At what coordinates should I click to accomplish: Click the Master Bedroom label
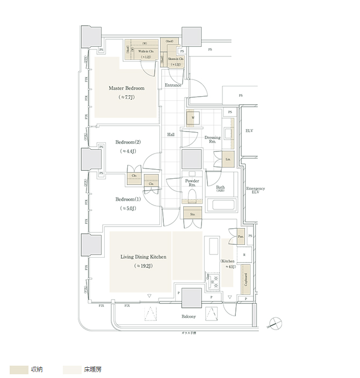click(x=126, y=88)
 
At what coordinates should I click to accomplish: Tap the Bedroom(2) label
click(x=128, y=142)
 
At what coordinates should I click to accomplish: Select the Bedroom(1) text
click(x=128, y=199)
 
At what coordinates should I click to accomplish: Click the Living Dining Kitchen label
click(x=143, y=257)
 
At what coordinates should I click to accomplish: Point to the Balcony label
click(x=188, y=316)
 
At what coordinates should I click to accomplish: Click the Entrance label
click(x=172, y=85)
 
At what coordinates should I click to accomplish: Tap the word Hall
click(x=171, y=135)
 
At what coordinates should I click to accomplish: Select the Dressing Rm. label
click(x=212, y=140)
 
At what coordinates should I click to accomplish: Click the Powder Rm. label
click(x=192, y=183)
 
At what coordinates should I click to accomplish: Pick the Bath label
click(x=220, y=187)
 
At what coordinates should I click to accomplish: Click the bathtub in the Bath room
click(x=221, y=205)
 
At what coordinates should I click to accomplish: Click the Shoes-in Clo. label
click(x=176, y=59)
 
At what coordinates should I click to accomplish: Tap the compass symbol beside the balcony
click(x=276, y=323)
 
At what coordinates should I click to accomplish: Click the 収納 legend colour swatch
click(x=19, y=369)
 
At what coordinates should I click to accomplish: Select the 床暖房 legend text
click(x=92, y=369)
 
